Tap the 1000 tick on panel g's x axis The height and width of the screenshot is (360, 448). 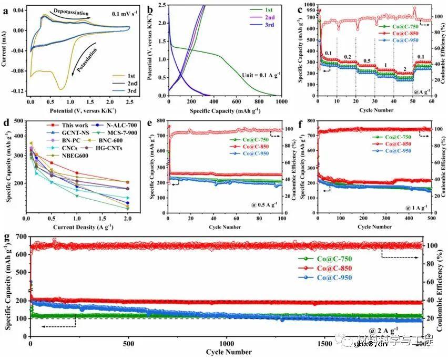tap(226, 343)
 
